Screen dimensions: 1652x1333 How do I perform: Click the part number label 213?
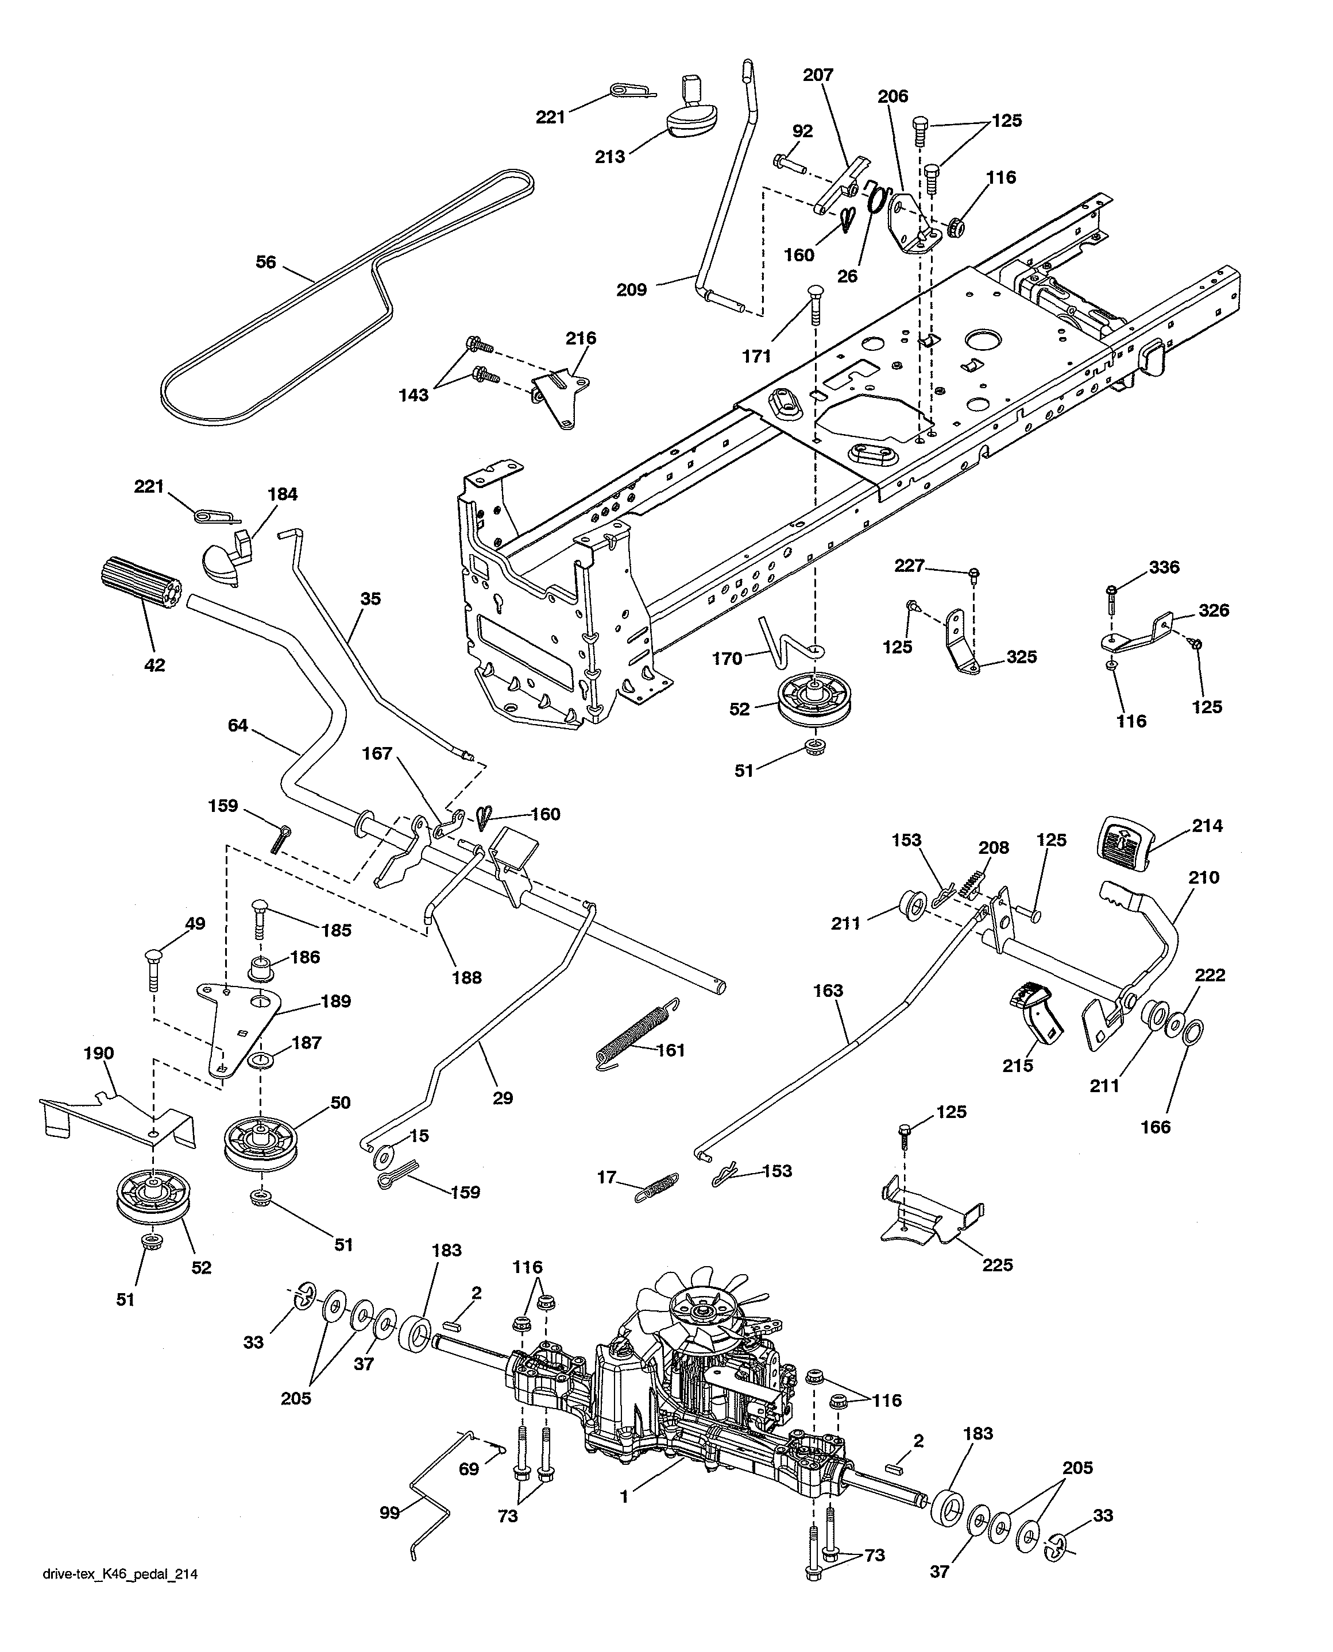click(610, 157)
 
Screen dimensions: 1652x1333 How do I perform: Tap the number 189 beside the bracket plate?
click(335, 1001)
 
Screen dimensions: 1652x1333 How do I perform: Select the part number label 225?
click(998, 1264)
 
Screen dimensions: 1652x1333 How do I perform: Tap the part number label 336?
click(1164, 567)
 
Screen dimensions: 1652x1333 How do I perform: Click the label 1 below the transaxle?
click(624, 1497)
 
